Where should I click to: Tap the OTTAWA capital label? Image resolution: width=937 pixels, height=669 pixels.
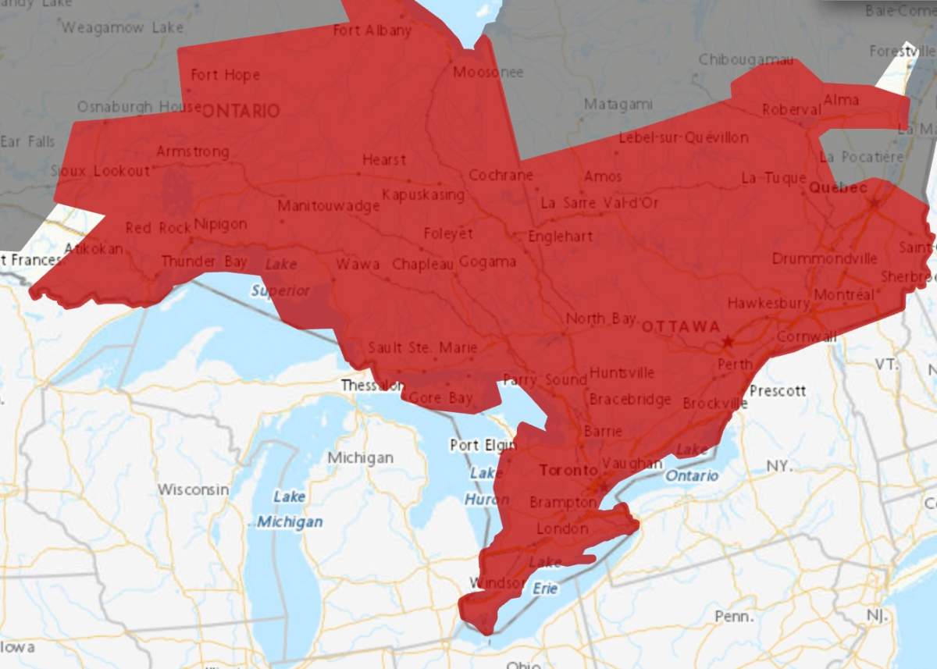(680, 326)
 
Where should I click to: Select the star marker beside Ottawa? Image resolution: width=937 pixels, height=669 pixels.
(728, 342)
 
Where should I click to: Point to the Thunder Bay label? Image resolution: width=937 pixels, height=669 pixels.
(204, 262)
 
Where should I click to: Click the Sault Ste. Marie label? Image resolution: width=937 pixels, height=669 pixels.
(422, 347)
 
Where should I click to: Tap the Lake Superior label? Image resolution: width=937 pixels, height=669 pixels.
(280, 278)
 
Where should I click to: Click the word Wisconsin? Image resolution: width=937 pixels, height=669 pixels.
(194, 489)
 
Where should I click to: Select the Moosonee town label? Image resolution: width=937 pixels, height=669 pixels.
(488, 73)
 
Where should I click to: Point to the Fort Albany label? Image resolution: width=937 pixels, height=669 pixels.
(372, 30)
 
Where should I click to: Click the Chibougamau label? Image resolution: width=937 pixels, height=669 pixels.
(746, 60)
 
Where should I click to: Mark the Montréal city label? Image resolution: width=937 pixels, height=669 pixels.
(844, 295)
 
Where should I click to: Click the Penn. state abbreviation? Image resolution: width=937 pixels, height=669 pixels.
(734, 617)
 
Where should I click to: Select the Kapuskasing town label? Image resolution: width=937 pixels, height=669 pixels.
(423, 194)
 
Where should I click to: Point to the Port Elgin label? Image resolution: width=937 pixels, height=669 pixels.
(483, 445)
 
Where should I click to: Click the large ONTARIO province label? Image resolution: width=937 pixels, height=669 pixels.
(240, 111)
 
